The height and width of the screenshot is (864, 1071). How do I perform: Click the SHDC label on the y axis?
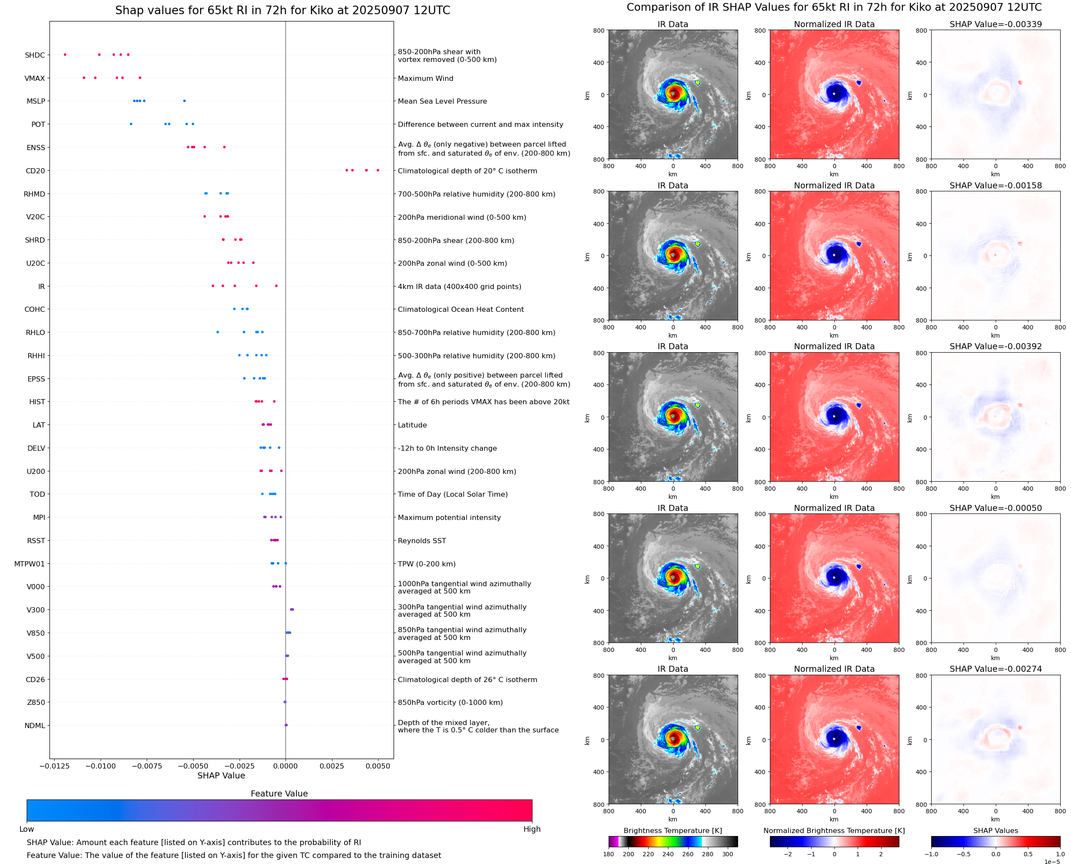pyautogui.click(x=35, y=55)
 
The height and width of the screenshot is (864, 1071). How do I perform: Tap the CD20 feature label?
pyautogui.click(x=35, y=171)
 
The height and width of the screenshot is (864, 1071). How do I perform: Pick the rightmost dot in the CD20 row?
pyautogui.click(x=378, y=170)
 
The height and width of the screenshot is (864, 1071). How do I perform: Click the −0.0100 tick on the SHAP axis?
pyautogui.click(x=101, y=766)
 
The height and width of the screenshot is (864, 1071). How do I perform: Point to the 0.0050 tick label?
pyautogui.click(x=378, y=766)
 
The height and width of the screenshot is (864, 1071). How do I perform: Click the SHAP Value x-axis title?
pyautogui.click(x=221, y=775)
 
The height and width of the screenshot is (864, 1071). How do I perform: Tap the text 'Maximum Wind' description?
pyautogui.click(x=425, y=78)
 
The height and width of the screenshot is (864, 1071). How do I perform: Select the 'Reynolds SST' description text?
pyautogui.click(x=422, y=541)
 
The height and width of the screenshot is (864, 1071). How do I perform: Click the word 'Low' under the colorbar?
pyautogui.click(x=26, y=829)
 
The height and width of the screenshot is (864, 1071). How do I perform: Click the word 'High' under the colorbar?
pyautogui.click(x=532, y=829)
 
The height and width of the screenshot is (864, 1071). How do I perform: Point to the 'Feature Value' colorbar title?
pyautogui.click(x=279, y=793)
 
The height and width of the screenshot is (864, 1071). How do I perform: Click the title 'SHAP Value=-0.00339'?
pyautogui.click(x=995, y=24)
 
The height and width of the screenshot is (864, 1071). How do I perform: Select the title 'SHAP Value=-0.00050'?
pyautogui.click(x=995, y=508)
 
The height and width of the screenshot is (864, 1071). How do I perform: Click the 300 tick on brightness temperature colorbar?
pyautogui.click(x=728, y=854)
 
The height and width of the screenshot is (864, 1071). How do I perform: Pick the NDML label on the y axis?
pyautogui.click(x=35, y=726)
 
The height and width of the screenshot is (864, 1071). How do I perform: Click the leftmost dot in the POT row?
pyautogui.click(x=131, y=124)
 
